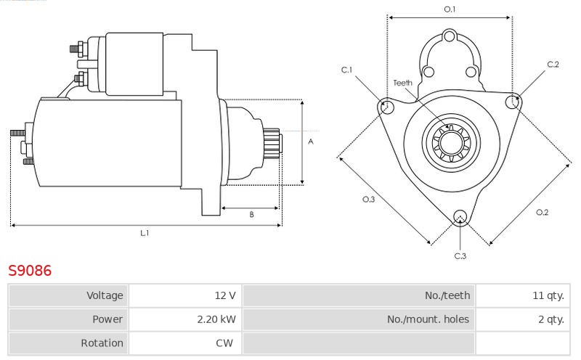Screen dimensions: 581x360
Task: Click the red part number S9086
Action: pyautogui.click(x=30, y=271)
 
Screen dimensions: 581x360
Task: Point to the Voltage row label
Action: pyautogui.click(x=105, y=295)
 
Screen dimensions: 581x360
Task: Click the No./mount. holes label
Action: pyautogui.click(x=428, y=319)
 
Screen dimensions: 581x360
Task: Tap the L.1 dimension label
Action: pyautogui.click(x=145, y=233)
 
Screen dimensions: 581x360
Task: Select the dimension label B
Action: pyautogui.click(x=251, y=214)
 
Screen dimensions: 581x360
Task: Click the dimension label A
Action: pyautogui.click(x=311, y=142)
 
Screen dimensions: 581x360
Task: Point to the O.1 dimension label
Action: pyautogui.click(x=450, y=9)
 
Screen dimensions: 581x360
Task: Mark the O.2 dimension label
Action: pyautogui.click(x=542, y=212)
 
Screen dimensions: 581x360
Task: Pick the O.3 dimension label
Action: pyautogui.click(x=369, y=200)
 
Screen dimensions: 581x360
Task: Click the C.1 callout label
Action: pyautogui.click(x=347, y=70)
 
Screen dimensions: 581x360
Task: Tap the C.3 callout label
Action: pyautogui.click(x=460, y=256)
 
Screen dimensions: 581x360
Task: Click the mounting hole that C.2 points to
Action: pyautogui.click(x=513, y=101)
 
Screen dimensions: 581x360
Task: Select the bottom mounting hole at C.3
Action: pyautogui.click(x=460, y=217)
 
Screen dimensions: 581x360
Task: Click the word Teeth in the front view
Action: pyautogui.click(x=403, y=83)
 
